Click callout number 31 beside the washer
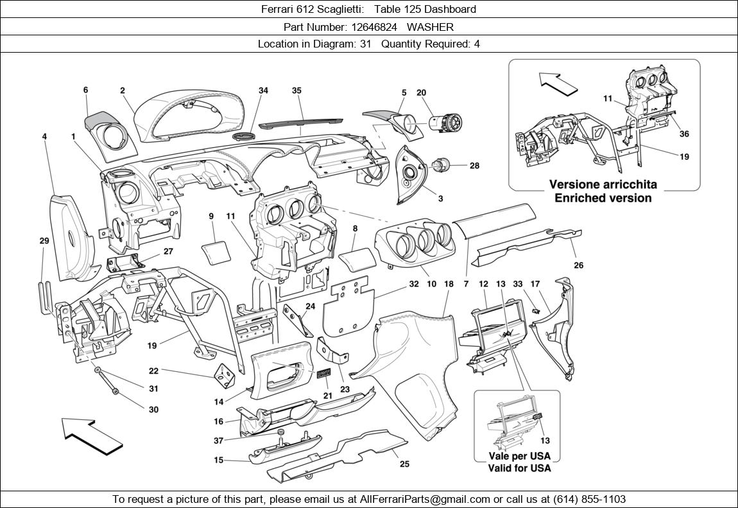click(x=153, y=389)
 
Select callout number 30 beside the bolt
click(x=153, y=410)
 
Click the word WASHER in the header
click(x=430, y=27)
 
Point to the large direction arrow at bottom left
click(x=92, y=434)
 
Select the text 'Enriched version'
click(x=603, y=198)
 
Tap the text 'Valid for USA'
click(x=519, y=468)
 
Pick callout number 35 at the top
click(x=296, y=91)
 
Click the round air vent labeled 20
click(x=443, y=123)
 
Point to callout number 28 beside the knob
click(x=474, y=166)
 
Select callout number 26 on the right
click(x=578, y=265)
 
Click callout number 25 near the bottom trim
click(x=404, y=464)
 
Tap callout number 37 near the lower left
click(x=218, y=441)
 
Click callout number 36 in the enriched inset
click(x=684, y=134)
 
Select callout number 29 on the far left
click(x=44, y=241)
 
